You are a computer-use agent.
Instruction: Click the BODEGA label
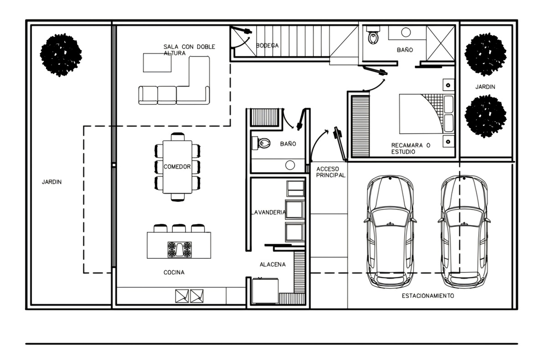[x=267, y=46]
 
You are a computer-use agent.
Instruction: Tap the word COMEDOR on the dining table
[x=177, y=167]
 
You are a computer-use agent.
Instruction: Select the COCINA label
[x=174, y=273]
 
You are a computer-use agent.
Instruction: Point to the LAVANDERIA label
[x=268, y=212]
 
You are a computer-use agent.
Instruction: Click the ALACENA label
[x=273, y=264]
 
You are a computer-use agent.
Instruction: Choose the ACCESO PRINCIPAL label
[x=330, y=172]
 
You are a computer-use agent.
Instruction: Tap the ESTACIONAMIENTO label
[x=428, y=296]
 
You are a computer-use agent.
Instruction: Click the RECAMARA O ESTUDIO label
[x=411, y=149]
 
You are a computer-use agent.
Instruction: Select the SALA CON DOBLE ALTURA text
[x=189, y=50]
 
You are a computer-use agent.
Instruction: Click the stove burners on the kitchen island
[x=180, y=249]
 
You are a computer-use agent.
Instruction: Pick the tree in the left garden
[x=61, y=55]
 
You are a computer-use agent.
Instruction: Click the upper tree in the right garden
[x=485, y=54]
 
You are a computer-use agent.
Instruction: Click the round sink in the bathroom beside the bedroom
[x=406, y=32]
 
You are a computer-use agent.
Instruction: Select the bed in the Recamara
[x=427, y=114]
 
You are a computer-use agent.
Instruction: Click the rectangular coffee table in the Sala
[x=157, y=63]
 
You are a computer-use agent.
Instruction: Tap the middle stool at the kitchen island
[x=179, y=228]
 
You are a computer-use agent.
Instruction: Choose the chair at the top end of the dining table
[x=177, y=137]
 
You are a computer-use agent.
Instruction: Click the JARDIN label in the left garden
[x=52, y=182]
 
